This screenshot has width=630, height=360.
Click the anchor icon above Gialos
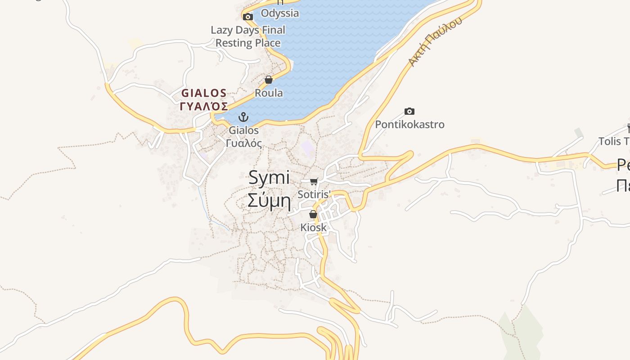click(x=243, y=117)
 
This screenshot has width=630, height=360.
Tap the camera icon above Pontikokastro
click(x=409, y=111)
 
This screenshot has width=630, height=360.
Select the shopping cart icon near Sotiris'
click(x=314, y=182)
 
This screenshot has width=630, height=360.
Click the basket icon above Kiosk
click(x=313, y=215)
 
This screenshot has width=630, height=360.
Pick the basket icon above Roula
click(x=269, y=80)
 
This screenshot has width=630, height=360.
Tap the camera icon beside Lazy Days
click(x=247, y=17)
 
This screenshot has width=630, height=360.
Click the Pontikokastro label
click(x=409, y=124)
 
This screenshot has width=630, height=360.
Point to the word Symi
click(x=269, y=178)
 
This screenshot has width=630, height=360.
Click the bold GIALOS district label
click(x=204, y=93)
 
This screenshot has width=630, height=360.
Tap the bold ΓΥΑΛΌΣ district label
click(x=204, y=106)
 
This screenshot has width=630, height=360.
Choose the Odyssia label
click(x=279, y=13)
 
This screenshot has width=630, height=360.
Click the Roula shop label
click(x=269, y=93)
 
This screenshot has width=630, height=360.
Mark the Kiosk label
click(x=314, y=228)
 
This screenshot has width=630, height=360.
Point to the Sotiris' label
click(x=314, y=194)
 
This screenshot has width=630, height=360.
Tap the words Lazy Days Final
click(x=248, y=30)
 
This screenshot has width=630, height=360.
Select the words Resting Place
click(x=248, y=43)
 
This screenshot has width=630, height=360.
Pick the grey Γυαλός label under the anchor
click(x=243, y=143)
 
